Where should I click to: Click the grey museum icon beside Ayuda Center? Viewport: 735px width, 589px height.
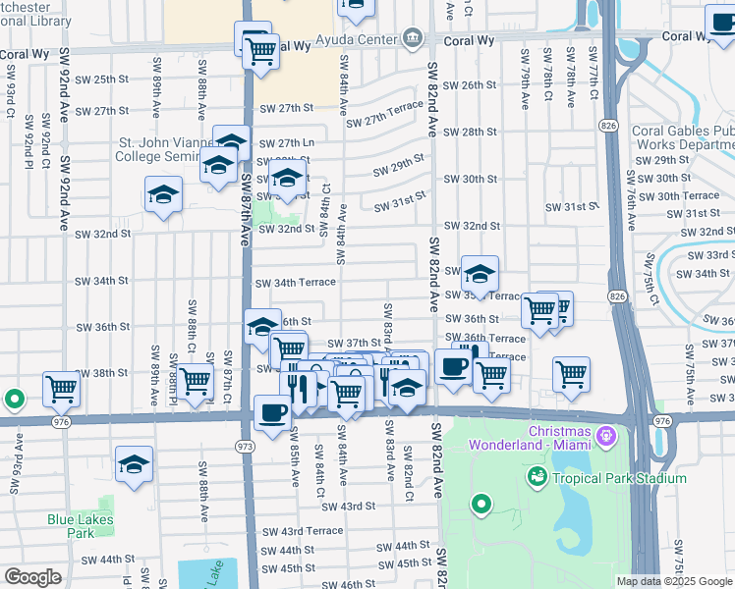(x=413, y=40)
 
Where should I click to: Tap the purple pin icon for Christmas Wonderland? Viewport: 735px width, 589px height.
(x=607, y=433)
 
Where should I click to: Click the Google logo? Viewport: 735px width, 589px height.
(x=32, y=577)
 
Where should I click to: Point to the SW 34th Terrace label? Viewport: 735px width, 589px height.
(x=295, y=283)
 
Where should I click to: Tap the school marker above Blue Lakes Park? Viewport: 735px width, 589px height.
(x=135, y=466)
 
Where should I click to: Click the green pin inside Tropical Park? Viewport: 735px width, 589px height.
(x=481, y=506)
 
